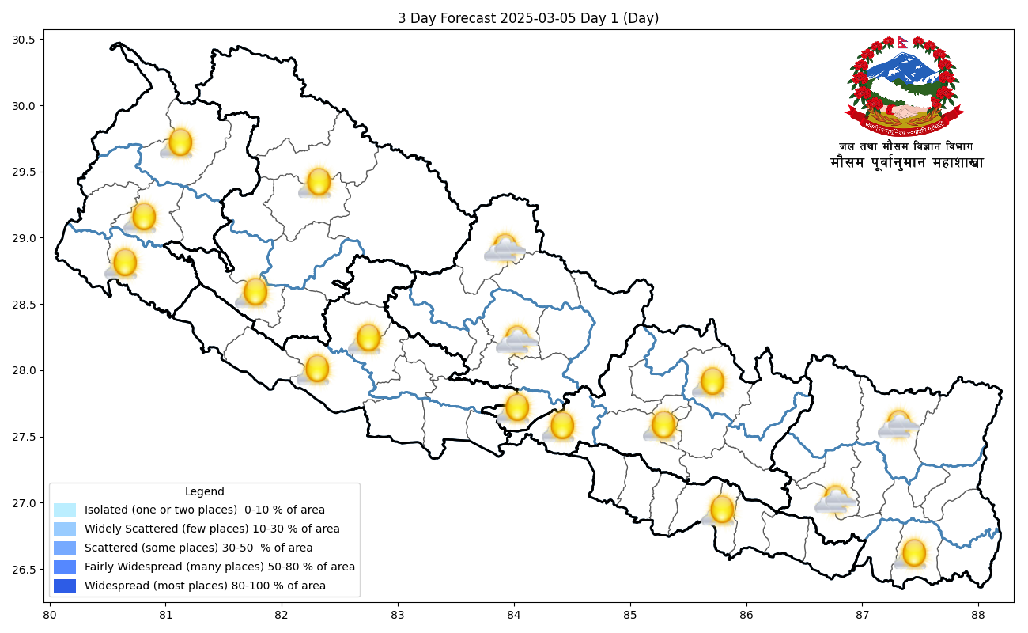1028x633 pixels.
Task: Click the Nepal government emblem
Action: (904, 85)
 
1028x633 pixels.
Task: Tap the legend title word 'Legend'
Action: (204, 491)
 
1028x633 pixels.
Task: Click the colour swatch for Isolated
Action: (65, 510)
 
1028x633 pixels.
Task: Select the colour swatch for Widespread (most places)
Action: (65, 586)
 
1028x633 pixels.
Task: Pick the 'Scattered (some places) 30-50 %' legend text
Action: (198, 548)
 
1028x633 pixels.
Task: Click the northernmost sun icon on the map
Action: (180, 142)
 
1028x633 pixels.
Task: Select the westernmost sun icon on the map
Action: (125, 262)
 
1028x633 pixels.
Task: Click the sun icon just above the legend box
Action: (317, 368)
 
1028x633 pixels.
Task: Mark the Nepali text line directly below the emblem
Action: (906, 146)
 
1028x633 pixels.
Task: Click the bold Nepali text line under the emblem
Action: (907, 163)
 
